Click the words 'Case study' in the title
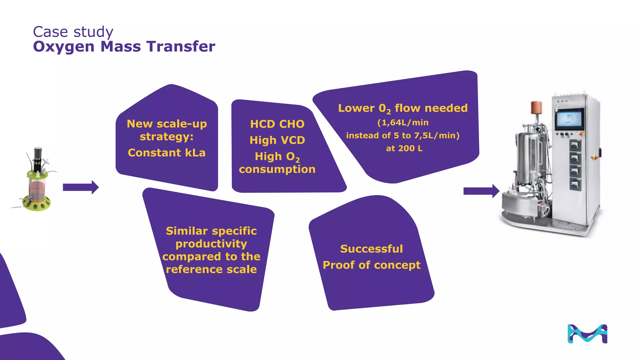tap(73, 32)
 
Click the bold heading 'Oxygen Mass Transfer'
tap(124, 47)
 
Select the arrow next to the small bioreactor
tap(81, 187)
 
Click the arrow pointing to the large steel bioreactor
tap(481, 191)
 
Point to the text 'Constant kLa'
tap(167, 153)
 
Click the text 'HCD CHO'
tap(277, 124)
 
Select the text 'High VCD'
tap(277, 140)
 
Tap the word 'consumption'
tap(277, 169)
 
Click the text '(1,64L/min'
tap(403, 122)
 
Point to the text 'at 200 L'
tap(404, 148)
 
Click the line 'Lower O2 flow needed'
tap(403, 108)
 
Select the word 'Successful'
tap(372, 249)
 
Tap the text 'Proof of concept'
tap(372, 265)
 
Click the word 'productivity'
tap(211, 244)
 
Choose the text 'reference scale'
tap(211, 269)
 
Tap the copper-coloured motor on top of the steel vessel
tap(536, 107)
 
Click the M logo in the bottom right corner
tap(587, 334)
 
